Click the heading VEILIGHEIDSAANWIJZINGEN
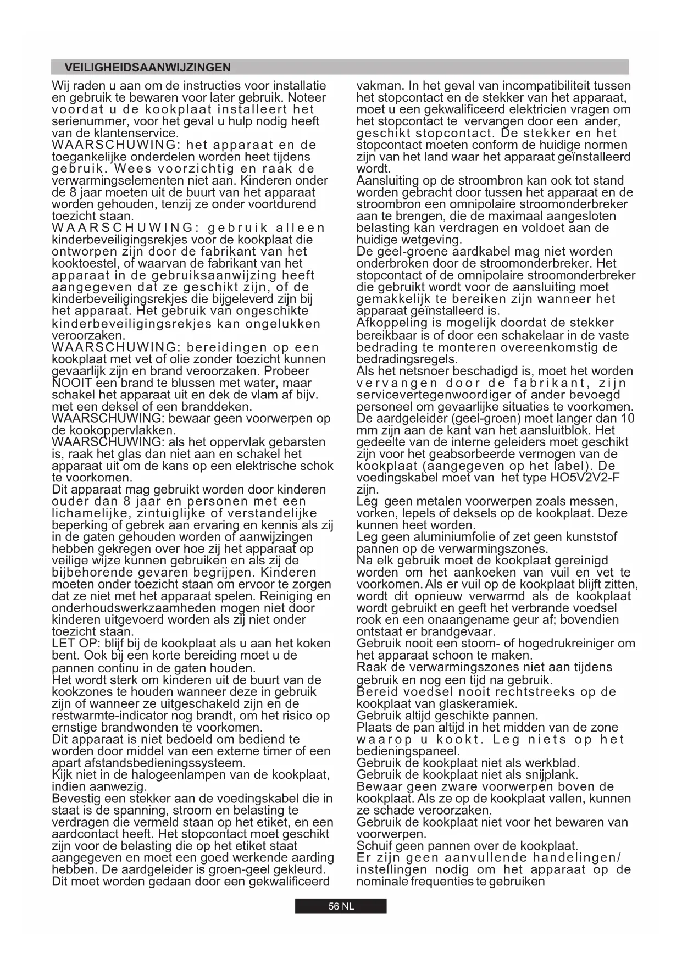pyautogui.click(x=147, y=68)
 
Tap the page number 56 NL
pyautogui.click(x=341, y=906)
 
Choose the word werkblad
pyautogui.click(x=551, y=763)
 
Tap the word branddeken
pyautogui.click(x=221, y=407)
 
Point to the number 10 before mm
pyautogui.click(x=627, y=419)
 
